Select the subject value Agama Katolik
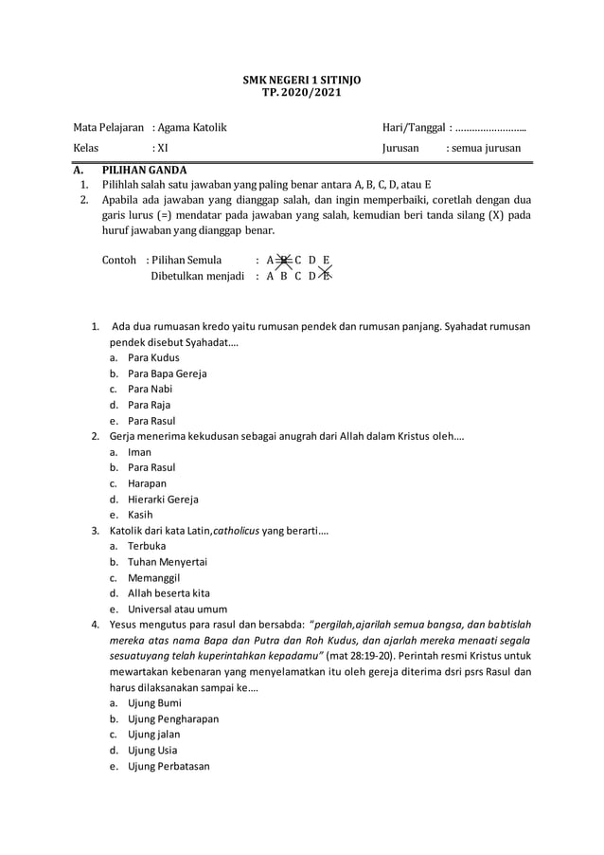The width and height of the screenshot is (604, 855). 192,128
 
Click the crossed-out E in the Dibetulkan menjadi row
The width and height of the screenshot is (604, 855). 326,276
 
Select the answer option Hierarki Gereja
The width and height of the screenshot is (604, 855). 163,500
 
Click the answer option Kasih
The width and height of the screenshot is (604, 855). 140,515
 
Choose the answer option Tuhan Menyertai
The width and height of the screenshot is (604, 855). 167,562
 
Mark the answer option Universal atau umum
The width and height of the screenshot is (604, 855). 177,609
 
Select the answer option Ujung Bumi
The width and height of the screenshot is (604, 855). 154,703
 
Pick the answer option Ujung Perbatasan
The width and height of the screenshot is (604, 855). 169,766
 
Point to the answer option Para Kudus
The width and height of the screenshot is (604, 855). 153,358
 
